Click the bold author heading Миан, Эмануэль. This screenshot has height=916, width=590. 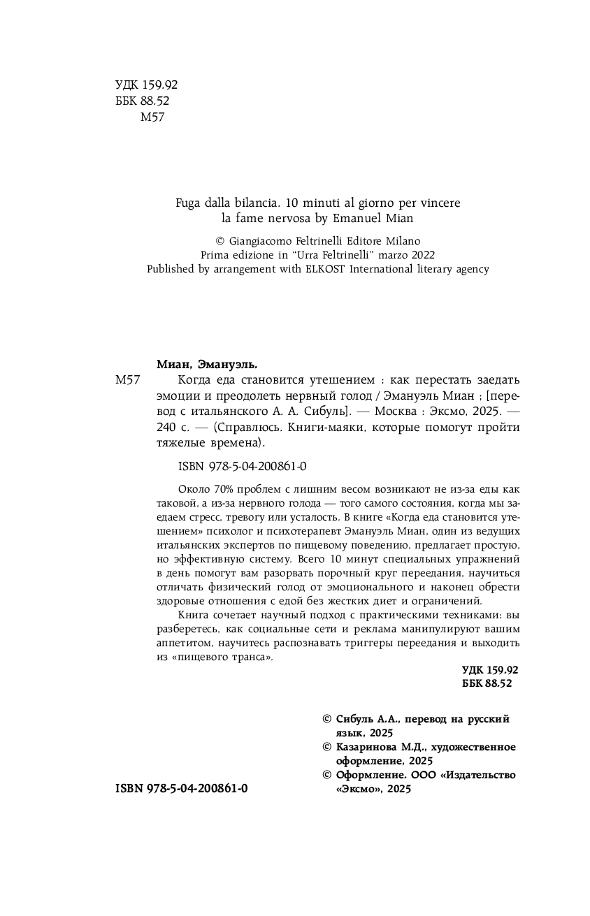pos(207,363)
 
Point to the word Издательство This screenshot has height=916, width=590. pos(478,775)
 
